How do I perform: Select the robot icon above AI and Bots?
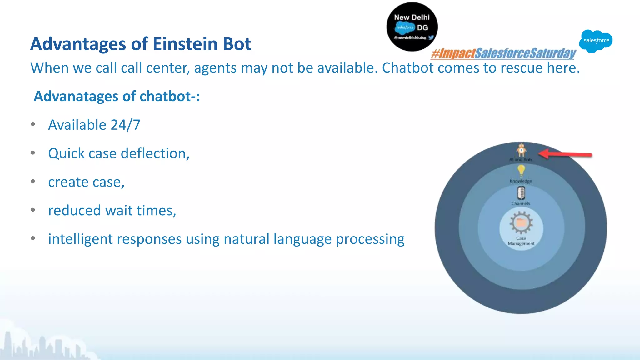(521, 150)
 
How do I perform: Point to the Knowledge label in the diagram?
(521, 181)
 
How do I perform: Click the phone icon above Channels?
(521, 193)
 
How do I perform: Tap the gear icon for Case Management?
(521, 223)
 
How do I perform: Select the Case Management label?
(521, 241)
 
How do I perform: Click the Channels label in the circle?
(521, 203)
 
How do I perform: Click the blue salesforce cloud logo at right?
(596, 41)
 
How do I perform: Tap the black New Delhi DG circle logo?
(412, 27)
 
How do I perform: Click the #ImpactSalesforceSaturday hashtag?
(503, 53)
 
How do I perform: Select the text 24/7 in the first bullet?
(125, 125)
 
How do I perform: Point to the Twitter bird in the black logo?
(431, 37)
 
